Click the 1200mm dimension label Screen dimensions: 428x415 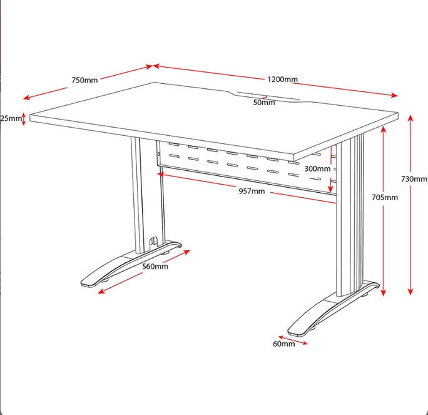(282, 79)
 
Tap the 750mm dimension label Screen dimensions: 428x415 (84, 80)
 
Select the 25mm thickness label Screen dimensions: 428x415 (11, 118)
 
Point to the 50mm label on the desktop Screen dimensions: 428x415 (264, 103)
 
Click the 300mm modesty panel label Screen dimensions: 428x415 (317, 169)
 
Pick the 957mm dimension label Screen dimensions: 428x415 (252, 191)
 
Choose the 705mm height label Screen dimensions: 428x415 (385, 197)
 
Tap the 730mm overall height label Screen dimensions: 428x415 (414, 179)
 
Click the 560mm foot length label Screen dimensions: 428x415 (155, 267)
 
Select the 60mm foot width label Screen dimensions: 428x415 (284, 344)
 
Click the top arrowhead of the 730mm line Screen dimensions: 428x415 (410, 118)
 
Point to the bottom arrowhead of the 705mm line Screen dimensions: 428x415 (383, 293)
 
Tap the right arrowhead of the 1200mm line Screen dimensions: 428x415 (394, 95)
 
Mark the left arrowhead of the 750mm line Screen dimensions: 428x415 (26, 98)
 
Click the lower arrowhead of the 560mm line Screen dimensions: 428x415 (101, 292)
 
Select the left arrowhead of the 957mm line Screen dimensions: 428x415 (160, 174)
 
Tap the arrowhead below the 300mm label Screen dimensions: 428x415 (330, 189)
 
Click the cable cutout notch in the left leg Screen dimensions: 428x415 (153, 242)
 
